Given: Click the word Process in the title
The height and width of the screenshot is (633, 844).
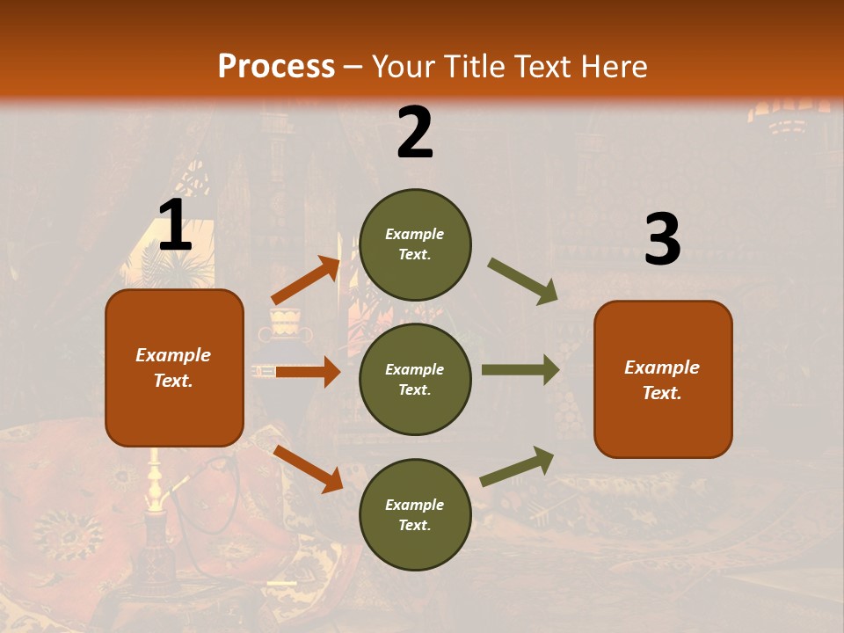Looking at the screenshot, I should click(x=276, y=67).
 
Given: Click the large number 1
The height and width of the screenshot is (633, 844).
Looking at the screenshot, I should click(x=175, y=225).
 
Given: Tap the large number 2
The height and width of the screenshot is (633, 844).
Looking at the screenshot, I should click(x=415, y=133).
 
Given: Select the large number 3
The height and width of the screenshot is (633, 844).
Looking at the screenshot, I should click(x=662, y=240).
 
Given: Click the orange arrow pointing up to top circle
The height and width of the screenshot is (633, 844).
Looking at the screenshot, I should click(x=306, y=280).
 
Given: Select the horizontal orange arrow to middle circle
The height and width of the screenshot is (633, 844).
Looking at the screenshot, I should click(x=308, y=372).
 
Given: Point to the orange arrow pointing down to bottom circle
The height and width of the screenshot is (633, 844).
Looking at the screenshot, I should click(x=309, y=468).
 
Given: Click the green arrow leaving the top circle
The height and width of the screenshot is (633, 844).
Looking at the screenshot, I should click(x=523, y=281).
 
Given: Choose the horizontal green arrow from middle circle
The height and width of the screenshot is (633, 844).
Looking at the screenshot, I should click(x=520, y=370).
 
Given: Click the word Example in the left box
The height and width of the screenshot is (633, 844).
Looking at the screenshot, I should click(x=173, y=355).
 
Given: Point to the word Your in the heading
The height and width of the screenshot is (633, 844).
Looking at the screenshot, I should click(x=404, y=67).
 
